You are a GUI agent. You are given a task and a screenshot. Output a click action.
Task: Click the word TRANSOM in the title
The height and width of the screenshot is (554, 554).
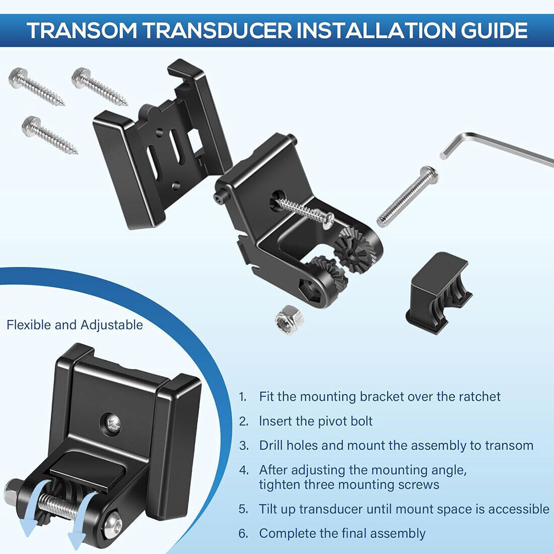(x=82, y=30)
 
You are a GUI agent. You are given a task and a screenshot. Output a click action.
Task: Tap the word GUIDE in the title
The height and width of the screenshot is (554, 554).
(x=494, y=30)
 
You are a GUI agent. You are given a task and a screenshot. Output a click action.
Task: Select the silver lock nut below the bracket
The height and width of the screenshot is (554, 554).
(x=290, y=319)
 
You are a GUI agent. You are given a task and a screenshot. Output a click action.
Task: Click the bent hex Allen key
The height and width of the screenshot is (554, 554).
(x=495, y=149)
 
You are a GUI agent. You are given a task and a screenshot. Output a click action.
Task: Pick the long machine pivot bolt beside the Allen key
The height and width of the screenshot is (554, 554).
(x=407, y=196)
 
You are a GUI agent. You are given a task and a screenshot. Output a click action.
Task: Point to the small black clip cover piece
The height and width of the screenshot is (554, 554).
(x=439, y=293)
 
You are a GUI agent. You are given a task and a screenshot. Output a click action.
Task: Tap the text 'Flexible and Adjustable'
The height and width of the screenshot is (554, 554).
(x=75, y=325)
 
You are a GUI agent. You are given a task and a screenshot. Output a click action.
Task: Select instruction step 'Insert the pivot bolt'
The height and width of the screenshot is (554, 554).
(x=316, y=421)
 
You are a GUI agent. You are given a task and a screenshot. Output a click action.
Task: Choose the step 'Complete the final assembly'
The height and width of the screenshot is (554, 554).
(x=342, y=533)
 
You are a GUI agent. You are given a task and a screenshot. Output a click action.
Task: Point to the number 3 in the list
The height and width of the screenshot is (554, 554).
(x=243, y=446)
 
